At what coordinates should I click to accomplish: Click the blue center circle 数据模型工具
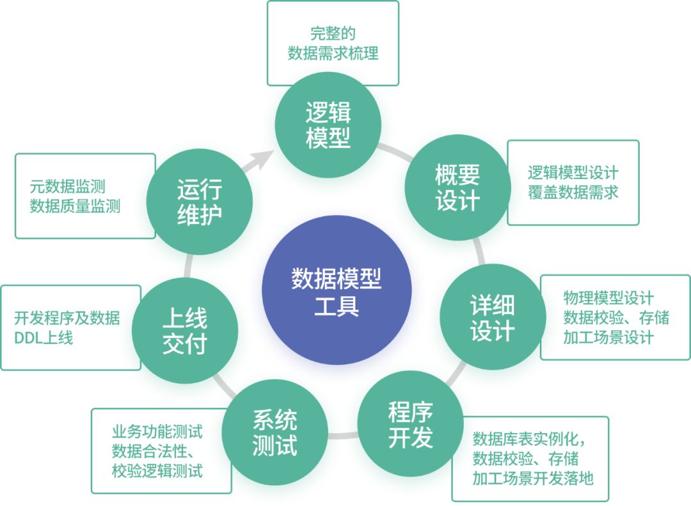coord(336,290)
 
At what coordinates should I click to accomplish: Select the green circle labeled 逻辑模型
coord(328,125)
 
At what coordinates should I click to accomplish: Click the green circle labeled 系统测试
coord(274,432)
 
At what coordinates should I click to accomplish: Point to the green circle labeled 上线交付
coord(184,331)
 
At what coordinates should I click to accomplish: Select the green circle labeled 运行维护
coord(199,202)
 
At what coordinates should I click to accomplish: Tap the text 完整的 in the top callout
coord(333,33)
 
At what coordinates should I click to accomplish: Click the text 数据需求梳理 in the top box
coord(333,53)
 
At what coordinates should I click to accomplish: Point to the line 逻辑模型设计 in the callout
coord(573,173)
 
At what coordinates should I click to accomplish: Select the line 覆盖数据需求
coord(573,192)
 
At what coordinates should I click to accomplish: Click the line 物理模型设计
coord(608,298)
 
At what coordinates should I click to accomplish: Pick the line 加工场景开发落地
coord(532,478)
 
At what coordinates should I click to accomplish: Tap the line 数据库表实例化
coord(528,439)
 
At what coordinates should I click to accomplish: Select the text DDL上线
coord(44,337)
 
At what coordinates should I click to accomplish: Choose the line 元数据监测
coord(67,187)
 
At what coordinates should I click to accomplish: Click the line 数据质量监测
coord(75,206)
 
